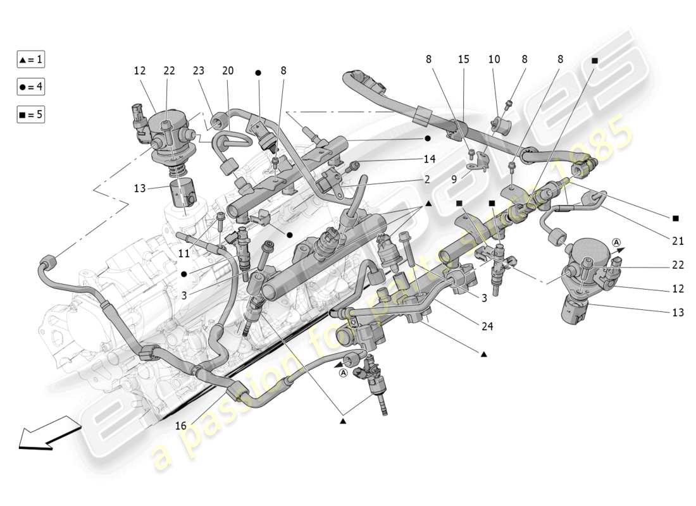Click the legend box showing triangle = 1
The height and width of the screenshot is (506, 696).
31,59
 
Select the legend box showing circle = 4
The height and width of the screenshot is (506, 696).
31,87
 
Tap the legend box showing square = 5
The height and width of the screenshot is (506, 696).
31,115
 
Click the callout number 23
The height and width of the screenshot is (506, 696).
199,71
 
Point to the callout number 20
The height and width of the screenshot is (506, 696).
228,71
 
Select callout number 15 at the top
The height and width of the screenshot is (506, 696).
464,59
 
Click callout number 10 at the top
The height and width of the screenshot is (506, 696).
494,59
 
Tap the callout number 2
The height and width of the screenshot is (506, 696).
427,180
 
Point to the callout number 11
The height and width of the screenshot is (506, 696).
183,253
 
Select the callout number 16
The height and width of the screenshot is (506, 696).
181,426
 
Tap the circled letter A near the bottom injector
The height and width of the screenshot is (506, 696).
343,373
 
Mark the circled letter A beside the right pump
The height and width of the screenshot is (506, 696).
617,241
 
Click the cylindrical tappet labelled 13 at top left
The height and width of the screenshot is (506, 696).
185,193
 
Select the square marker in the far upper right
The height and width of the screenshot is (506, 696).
595,60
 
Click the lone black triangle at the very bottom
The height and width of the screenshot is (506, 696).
343,421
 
